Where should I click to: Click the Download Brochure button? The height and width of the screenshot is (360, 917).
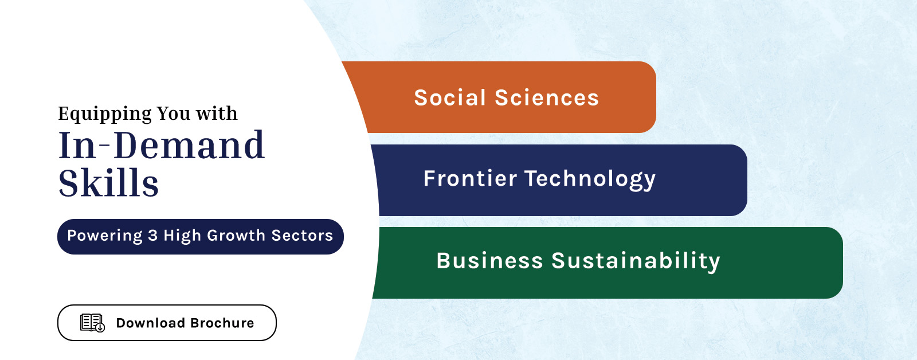click(x=167, y=323)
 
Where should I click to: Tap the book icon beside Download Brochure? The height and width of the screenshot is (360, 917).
click(x=92, y=323)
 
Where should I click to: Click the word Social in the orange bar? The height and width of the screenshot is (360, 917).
click(x=450, y=98)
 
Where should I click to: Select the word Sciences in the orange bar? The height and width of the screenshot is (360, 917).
click(x=547, y=98)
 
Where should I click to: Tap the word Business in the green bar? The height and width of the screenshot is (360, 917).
click(x=489, y=261)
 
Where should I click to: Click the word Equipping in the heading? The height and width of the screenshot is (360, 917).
click(x=105, y=114)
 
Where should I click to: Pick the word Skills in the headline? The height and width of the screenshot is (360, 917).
click(x=108, y=183)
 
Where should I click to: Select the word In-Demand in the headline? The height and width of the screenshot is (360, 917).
click(x=162, y=145)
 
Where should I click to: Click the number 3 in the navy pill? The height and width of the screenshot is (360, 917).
click(x=152, y=236)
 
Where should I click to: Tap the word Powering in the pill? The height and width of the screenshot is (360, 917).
click(x=105, y=236)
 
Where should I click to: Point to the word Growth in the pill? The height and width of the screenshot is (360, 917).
click(x=236, y=236)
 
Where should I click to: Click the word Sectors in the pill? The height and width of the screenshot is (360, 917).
click(x=302, y=236)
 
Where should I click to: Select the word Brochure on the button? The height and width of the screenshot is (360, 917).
click(x=222, y=323)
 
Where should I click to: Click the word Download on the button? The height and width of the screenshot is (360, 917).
click(x=151, y=323)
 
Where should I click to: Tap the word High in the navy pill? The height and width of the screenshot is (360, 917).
click(x=182, y=236)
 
